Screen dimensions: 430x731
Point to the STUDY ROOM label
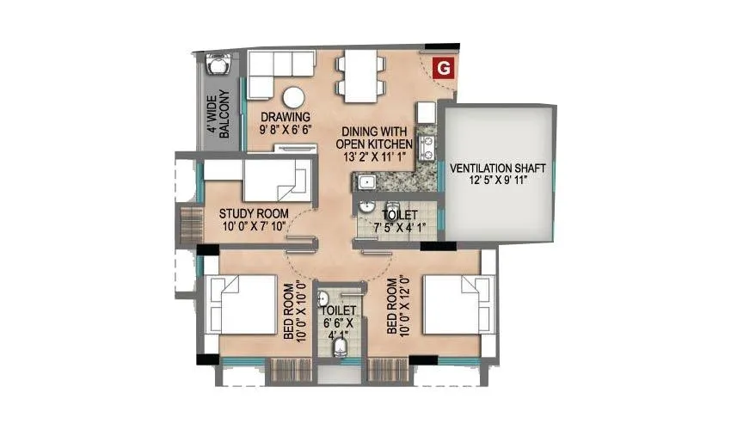tap(253, 214)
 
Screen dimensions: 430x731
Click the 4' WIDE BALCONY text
tap(217, 114)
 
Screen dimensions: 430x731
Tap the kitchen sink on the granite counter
tap(365, 181)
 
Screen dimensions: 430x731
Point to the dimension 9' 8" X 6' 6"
tap(286, 131)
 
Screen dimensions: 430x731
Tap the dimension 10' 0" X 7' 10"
tap(253, 228)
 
